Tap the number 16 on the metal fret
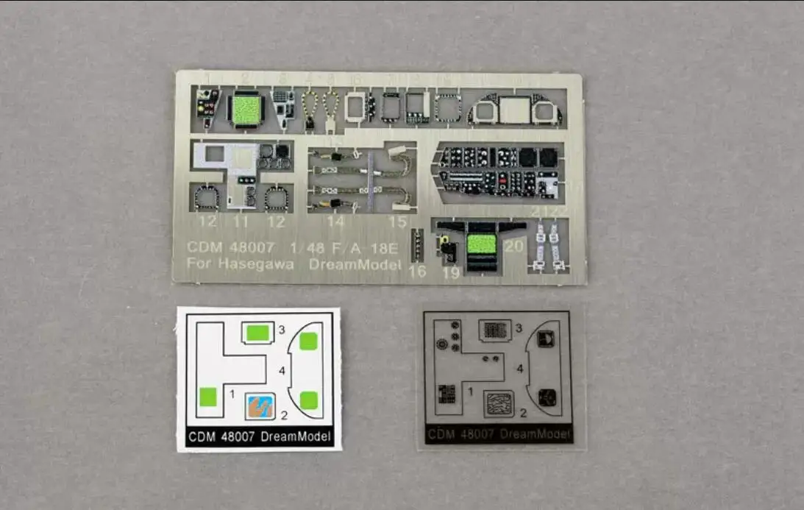tap(417, 272)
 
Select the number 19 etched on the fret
tap(452, 273)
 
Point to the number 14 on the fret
tap(335, 221)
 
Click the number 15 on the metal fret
tap(396, 221)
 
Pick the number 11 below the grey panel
tap(241, 220)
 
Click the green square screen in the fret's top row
tap(244, 109)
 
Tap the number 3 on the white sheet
tap(282, 330)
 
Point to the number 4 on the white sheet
tap(282, 371)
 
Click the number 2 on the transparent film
tap(523, 413)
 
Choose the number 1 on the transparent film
tap(471, 392)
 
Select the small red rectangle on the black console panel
tap(502, 177)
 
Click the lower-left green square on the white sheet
tap(208, 397)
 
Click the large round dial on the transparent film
tap(441, 343)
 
